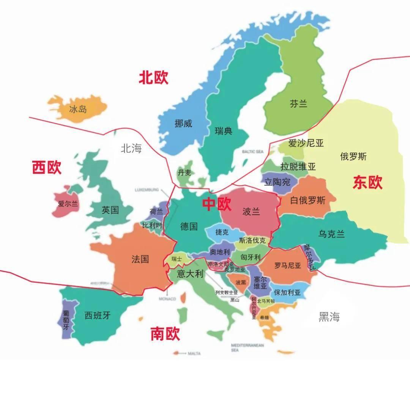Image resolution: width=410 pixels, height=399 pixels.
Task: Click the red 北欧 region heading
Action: pos(153,78)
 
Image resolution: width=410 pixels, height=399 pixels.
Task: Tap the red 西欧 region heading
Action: pos(47,167)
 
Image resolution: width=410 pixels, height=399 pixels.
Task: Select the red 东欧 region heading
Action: pos(367,182)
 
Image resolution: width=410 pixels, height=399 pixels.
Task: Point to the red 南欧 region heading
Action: pos(165,334)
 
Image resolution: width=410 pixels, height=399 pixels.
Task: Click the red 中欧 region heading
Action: pos(216,204)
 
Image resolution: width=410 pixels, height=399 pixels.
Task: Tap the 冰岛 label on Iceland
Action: pos(78,109)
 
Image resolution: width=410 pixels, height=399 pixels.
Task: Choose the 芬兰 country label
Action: pos(298,104)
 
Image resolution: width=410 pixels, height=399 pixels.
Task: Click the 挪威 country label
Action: pos(183,123)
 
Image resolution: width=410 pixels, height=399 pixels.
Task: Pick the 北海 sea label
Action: pos(131,148)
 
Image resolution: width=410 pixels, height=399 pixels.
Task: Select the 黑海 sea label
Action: pos(329,317)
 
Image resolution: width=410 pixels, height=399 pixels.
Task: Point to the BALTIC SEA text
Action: pos(253,152)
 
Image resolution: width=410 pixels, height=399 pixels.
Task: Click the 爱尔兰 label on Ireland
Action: pos(68,204)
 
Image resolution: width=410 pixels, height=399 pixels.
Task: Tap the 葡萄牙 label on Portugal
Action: pos(66,320)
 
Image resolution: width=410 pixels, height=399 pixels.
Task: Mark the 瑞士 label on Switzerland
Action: pos(177,259)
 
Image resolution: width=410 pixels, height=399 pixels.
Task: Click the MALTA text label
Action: pos(194,353)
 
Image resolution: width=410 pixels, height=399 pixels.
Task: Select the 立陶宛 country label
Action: pos(277,182)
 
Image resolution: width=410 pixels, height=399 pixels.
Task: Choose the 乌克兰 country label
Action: pos(331,234)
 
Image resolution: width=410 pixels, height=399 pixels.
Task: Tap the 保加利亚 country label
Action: pos(287,292)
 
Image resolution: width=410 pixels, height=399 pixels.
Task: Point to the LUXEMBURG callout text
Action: pos(146,189)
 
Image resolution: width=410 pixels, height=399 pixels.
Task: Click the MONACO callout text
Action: pos(167,299)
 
